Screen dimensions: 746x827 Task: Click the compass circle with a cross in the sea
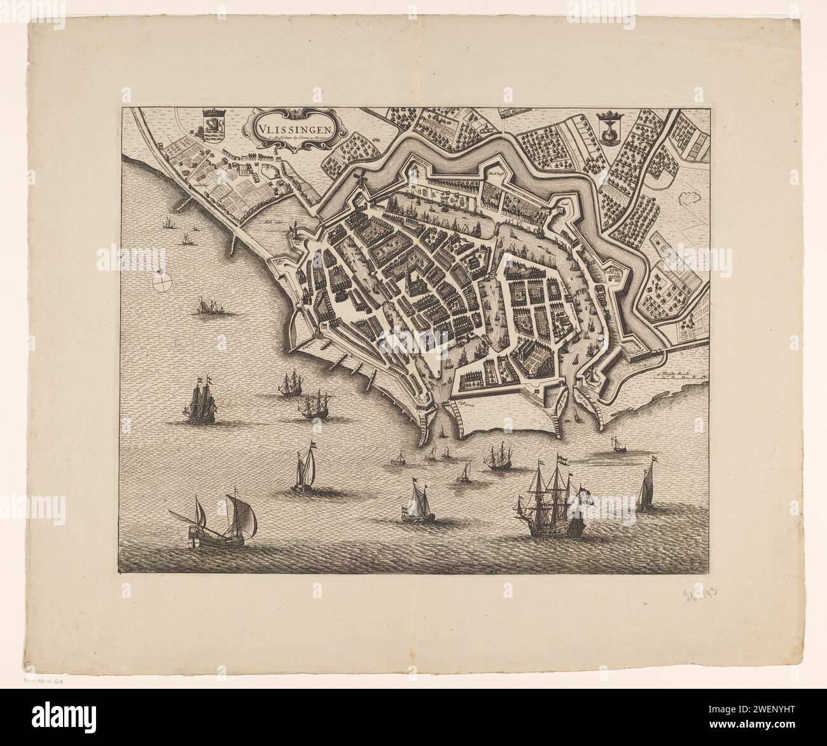[x=163, y=278]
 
